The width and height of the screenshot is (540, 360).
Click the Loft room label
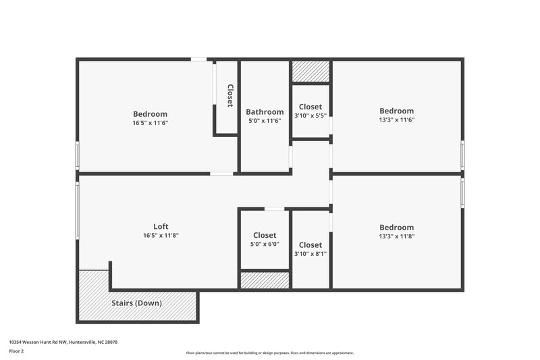161,226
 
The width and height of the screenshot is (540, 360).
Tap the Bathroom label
265,112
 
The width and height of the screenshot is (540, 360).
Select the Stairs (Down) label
136,303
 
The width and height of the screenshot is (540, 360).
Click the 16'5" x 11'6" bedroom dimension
150,123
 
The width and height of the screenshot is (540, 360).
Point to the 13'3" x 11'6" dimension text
396,120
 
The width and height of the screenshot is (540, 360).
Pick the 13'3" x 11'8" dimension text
396,236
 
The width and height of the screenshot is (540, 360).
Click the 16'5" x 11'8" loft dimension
161,236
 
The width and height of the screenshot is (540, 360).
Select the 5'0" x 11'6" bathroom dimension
265,121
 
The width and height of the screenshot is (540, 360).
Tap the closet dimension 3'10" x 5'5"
310,115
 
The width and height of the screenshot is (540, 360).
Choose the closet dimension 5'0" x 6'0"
265,245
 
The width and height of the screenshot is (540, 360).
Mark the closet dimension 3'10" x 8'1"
310,254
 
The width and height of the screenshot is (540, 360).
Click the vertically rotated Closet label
230,96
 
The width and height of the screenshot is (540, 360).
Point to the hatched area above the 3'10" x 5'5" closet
310,72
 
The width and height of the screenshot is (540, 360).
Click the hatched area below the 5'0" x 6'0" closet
265,280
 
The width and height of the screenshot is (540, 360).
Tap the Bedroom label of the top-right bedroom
396,111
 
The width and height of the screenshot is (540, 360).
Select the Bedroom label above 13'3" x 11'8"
396,228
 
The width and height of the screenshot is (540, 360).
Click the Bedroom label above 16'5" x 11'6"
150,114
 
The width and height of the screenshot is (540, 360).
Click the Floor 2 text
16,352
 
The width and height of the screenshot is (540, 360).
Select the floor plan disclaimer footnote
269,353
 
